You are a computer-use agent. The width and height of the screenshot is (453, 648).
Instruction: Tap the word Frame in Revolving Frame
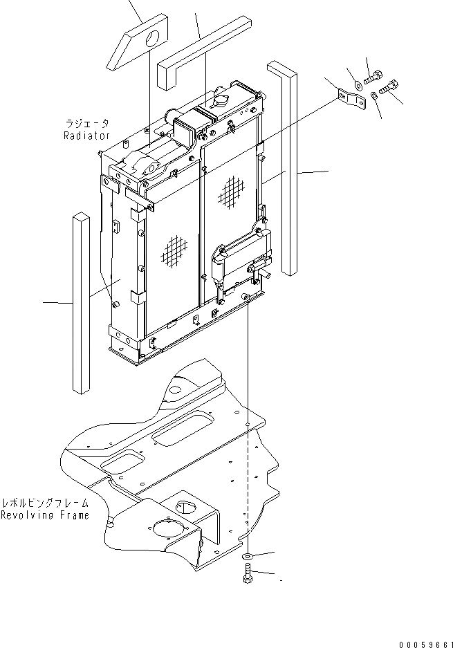[x=73, y=515]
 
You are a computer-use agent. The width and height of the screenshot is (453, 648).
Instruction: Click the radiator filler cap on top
[x=223, y=102]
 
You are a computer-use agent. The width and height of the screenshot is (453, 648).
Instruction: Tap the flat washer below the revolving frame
[x=247, y=557]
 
